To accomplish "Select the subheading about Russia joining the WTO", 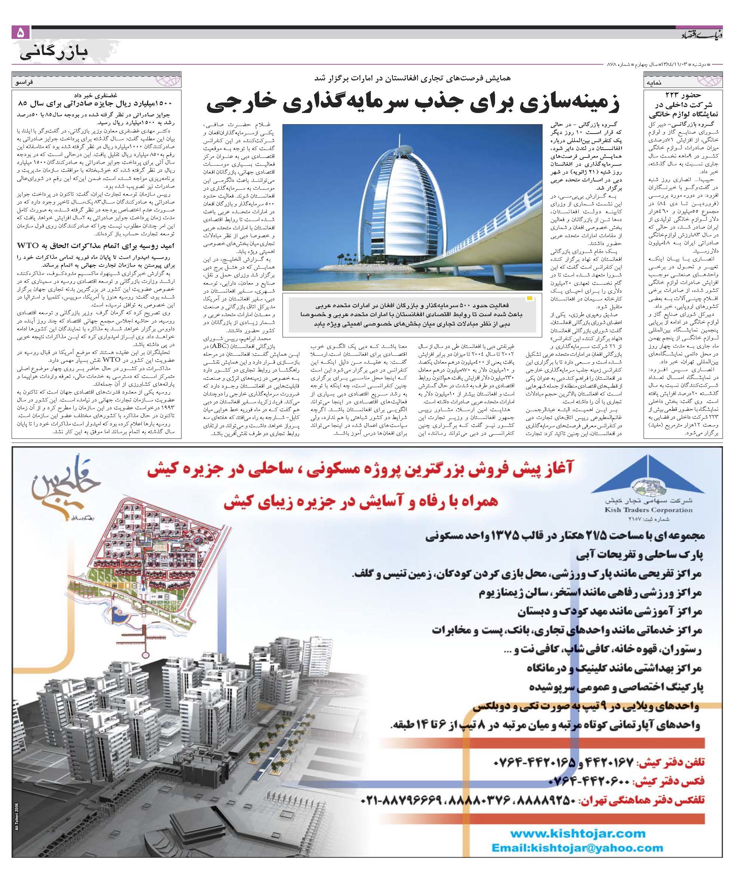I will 97,245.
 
